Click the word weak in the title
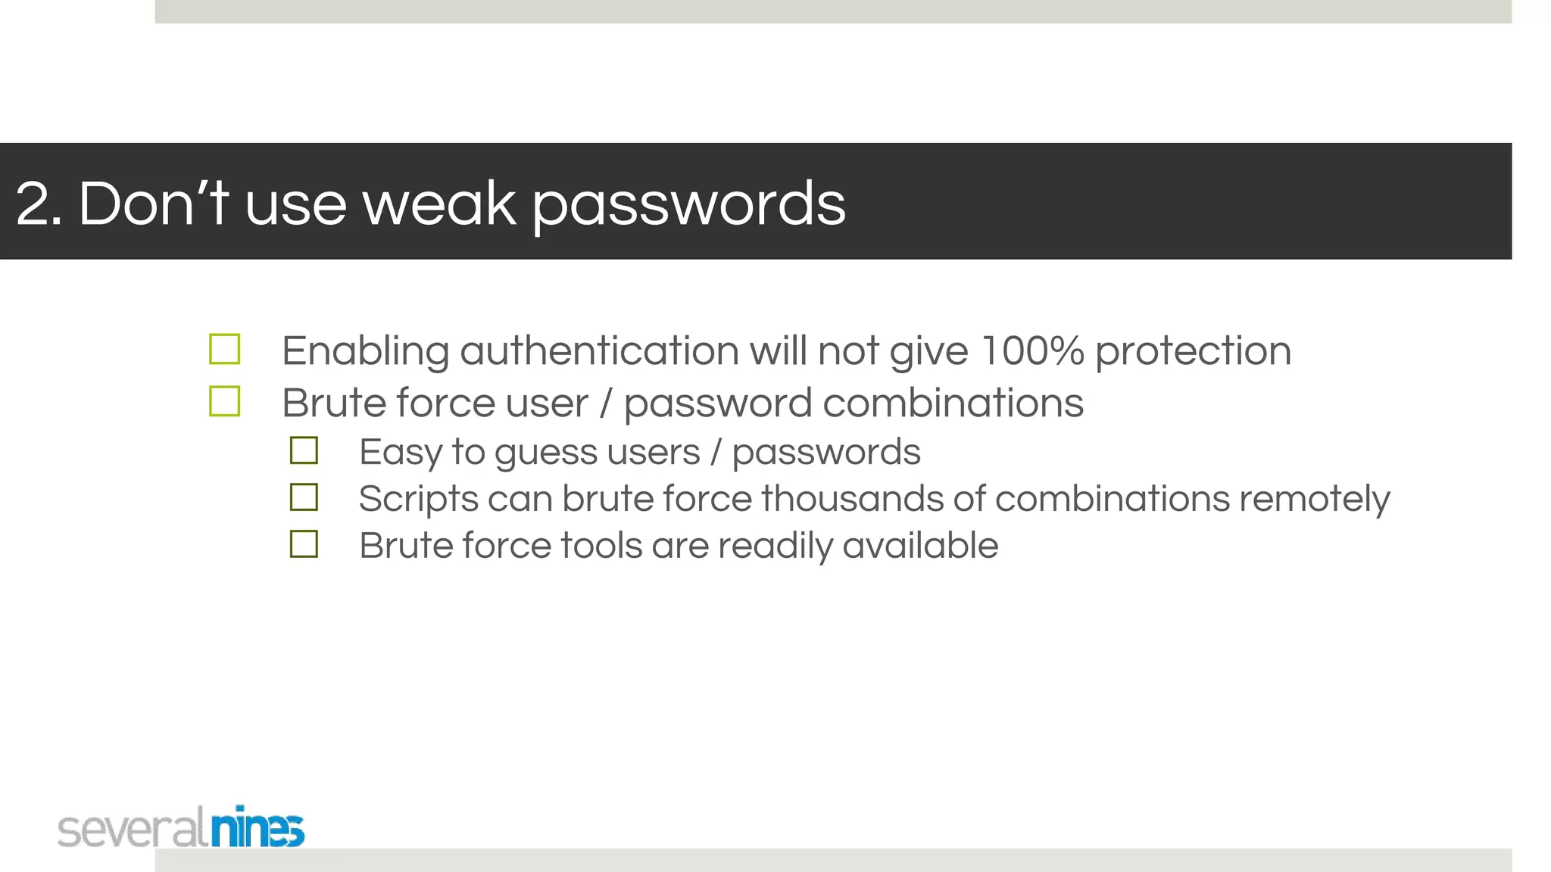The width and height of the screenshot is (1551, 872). [x=439, y=204]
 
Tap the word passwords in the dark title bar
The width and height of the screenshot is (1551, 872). [x=688, y=206]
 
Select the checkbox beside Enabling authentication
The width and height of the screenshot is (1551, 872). [x=225, y=350]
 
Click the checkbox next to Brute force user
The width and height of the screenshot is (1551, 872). [x=225, y=401]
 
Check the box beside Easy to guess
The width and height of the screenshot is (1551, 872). [x=304, y=450]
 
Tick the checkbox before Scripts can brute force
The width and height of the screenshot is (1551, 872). [x=304, y=497]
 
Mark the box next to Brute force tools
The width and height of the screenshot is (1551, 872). [x=304, y=544]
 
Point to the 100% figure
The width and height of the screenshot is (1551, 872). [x=1031, y=351]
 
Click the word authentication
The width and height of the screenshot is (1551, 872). [x=599, y=351]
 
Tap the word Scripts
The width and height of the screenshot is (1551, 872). [x=418, y=500]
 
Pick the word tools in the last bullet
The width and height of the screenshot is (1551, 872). [x=601, y=546]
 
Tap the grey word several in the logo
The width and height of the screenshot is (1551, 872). [x=132, y=829]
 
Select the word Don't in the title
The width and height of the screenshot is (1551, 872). [x=154, y=204]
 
